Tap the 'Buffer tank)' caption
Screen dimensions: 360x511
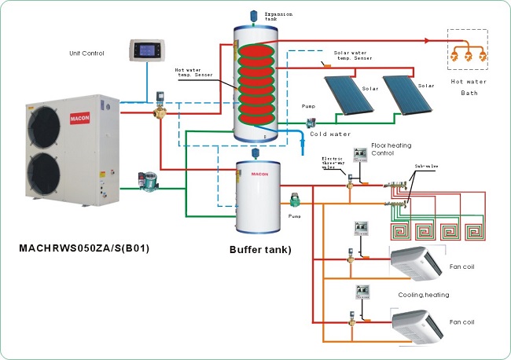point(260,250)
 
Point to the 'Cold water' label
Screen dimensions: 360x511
point(329,134)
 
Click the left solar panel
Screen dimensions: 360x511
point(349,93)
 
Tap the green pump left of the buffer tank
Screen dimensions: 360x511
point(147,181)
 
